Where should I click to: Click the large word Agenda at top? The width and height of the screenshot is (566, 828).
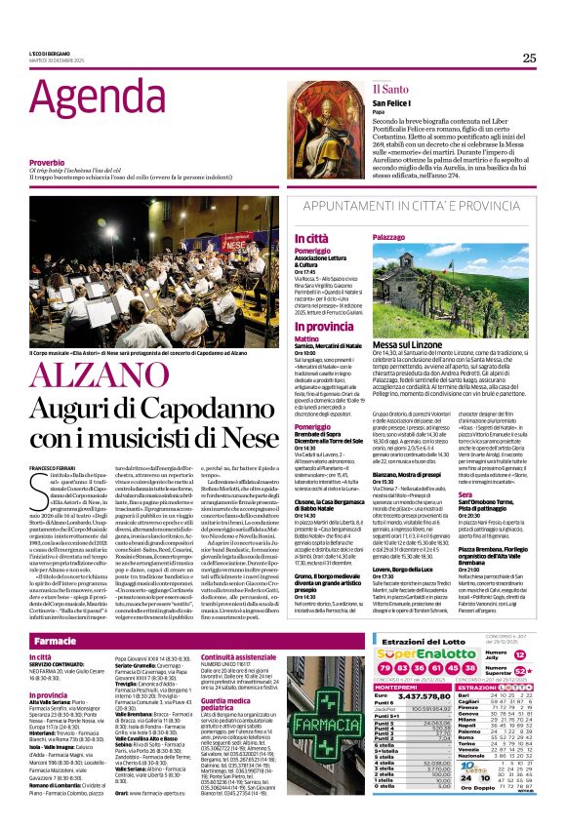(81, 98)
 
